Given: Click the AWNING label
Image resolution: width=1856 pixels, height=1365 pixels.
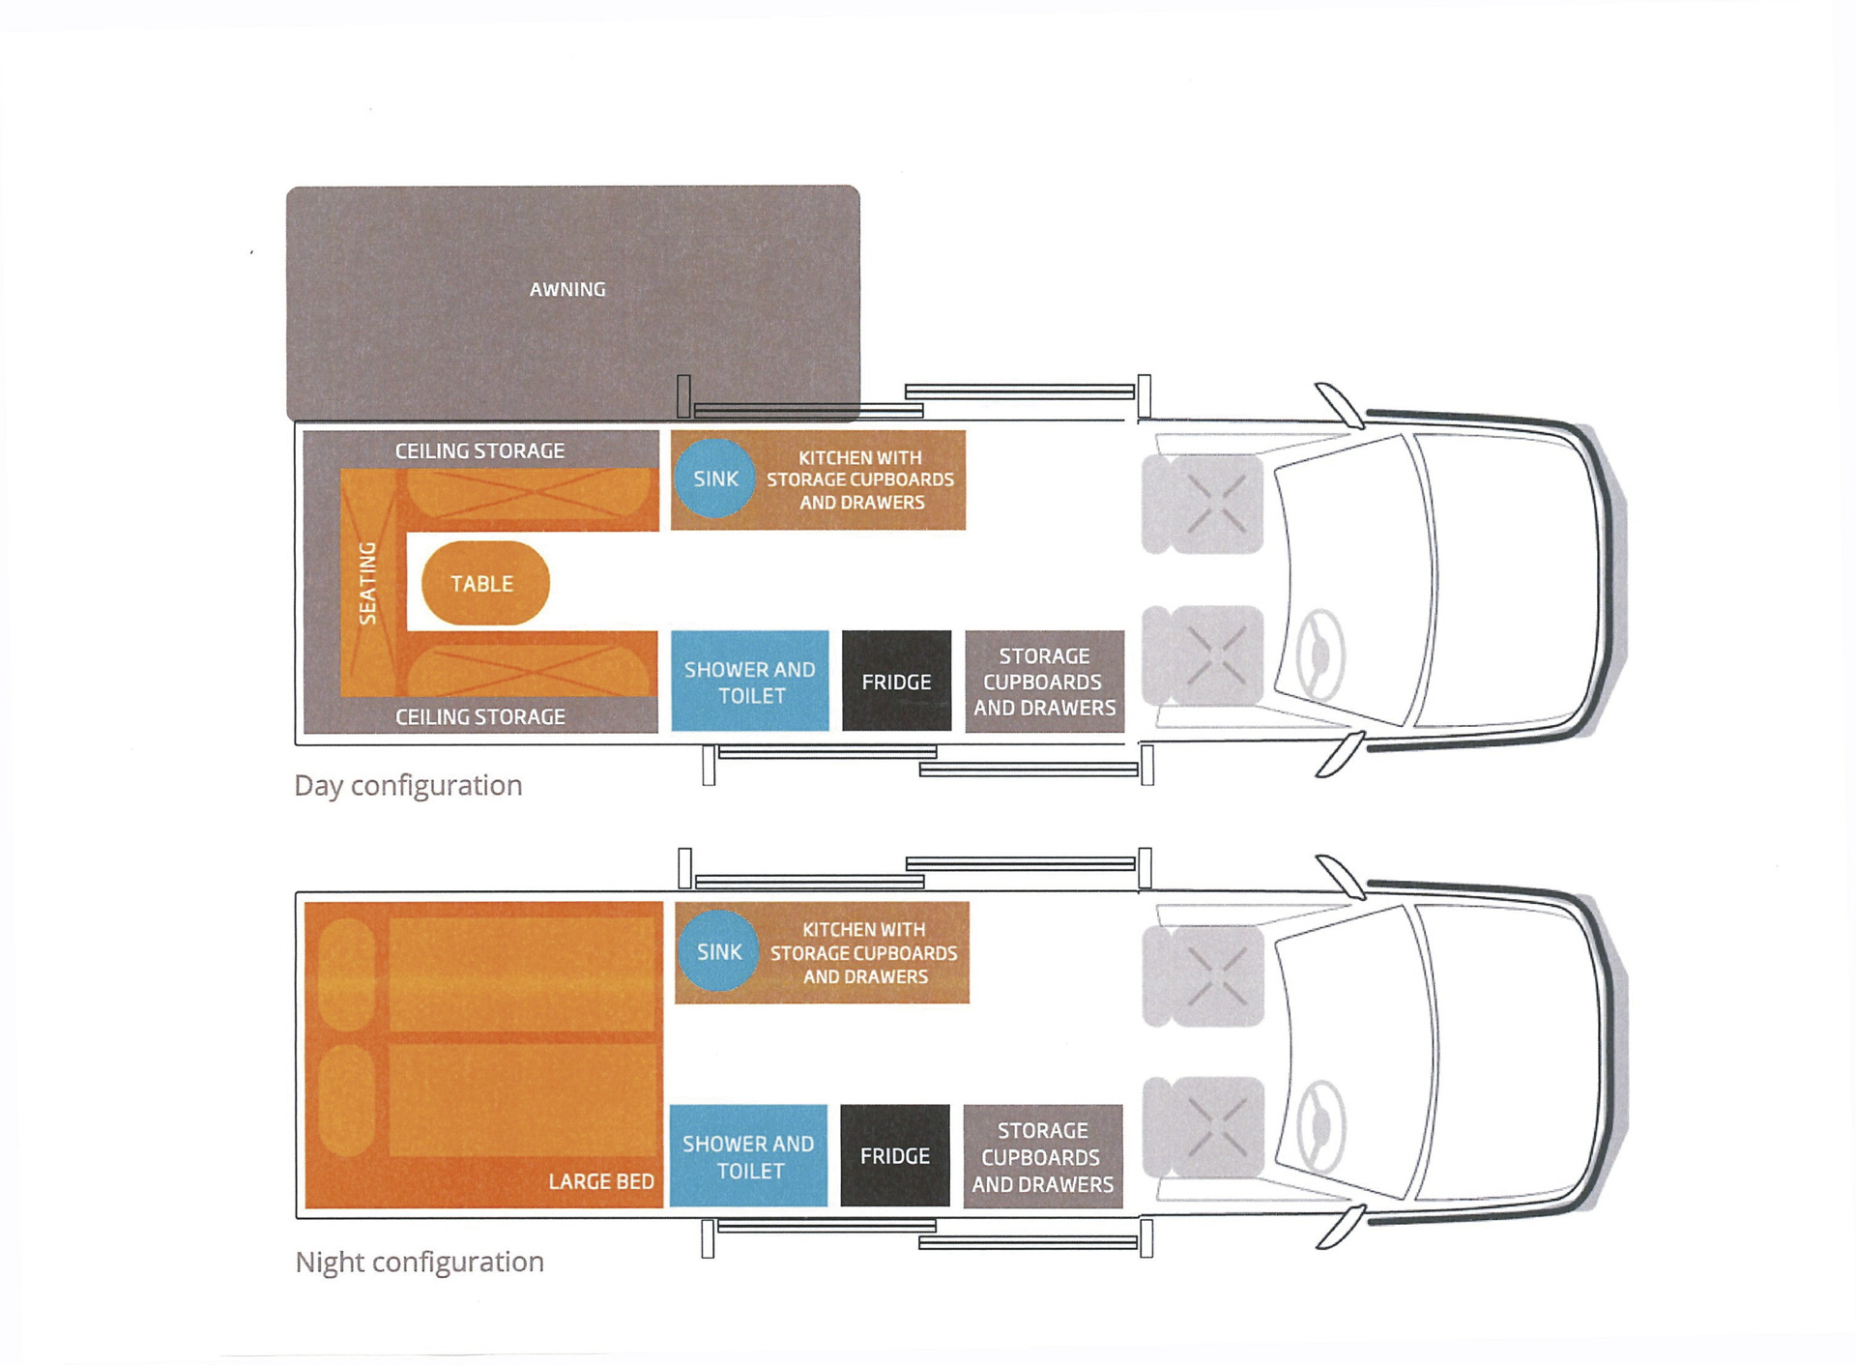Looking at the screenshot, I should (567, 289).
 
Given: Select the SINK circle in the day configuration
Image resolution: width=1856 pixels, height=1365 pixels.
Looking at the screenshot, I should (714, 479).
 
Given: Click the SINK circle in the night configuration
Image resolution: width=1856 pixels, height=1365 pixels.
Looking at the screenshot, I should (718, 951).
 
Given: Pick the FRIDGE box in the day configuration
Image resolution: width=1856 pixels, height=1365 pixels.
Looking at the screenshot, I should (896, 682).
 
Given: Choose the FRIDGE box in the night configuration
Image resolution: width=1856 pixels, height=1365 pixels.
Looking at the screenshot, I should (894, 1155).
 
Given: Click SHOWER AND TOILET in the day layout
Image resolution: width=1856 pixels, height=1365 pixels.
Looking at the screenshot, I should (750, 682).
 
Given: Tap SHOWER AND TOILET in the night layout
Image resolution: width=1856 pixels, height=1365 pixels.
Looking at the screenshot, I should (748, 1156).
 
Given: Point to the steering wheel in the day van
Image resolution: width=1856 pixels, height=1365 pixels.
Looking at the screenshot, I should (1320, 654).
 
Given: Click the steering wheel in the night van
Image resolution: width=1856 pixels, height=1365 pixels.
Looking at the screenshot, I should (1320, 1126).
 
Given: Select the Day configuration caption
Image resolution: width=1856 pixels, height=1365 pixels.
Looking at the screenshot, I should (408, 785).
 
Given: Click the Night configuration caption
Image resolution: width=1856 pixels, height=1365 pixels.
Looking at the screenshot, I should (420, 1262).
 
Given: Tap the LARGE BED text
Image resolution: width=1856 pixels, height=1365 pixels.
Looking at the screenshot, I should (601, 1181).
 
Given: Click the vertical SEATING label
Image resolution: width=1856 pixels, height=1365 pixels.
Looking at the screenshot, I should (367, 583).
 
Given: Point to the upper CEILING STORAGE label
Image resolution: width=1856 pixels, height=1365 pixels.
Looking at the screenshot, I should (479, 450).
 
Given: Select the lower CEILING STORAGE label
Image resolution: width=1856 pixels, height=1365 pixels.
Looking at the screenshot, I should (479, 716).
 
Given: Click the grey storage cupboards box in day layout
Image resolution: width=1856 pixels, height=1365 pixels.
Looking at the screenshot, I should (1044, 682).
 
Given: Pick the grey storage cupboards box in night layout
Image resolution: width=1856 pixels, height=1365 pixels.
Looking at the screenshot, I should (1042, 1156).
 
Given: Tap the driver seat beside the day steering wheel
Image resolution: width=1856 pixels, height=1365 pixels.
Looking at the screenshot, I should (1203, 655).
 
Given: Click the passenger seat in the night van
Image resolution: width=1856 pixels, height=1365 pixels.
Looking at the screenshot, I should (1203, 975).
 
